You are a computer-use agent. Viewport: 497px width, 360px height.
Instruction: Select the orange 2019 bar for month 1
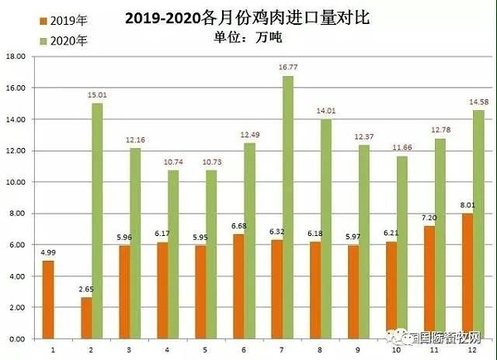pyautogui.click(x=48, y=300)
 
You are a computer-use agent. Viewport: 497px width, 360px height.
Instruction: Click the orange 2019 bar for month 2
pyautogui.click(x=86, y=318)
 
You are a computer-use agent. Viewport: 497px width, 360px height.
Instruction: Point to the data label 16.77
pyautogui.click(x=288, y=68)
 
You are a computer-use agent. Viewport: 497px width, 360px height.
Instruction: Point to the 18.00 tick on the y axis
pyautogui.click(x=16, y=56)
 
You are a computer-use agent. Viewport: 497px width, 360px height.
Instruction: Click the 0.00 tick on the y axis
pyautogui.click(x=17, y=338)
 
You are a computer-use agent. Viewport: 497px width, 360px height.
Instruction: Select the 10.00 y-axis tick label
pyautogui.click(x=16, y=182)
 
